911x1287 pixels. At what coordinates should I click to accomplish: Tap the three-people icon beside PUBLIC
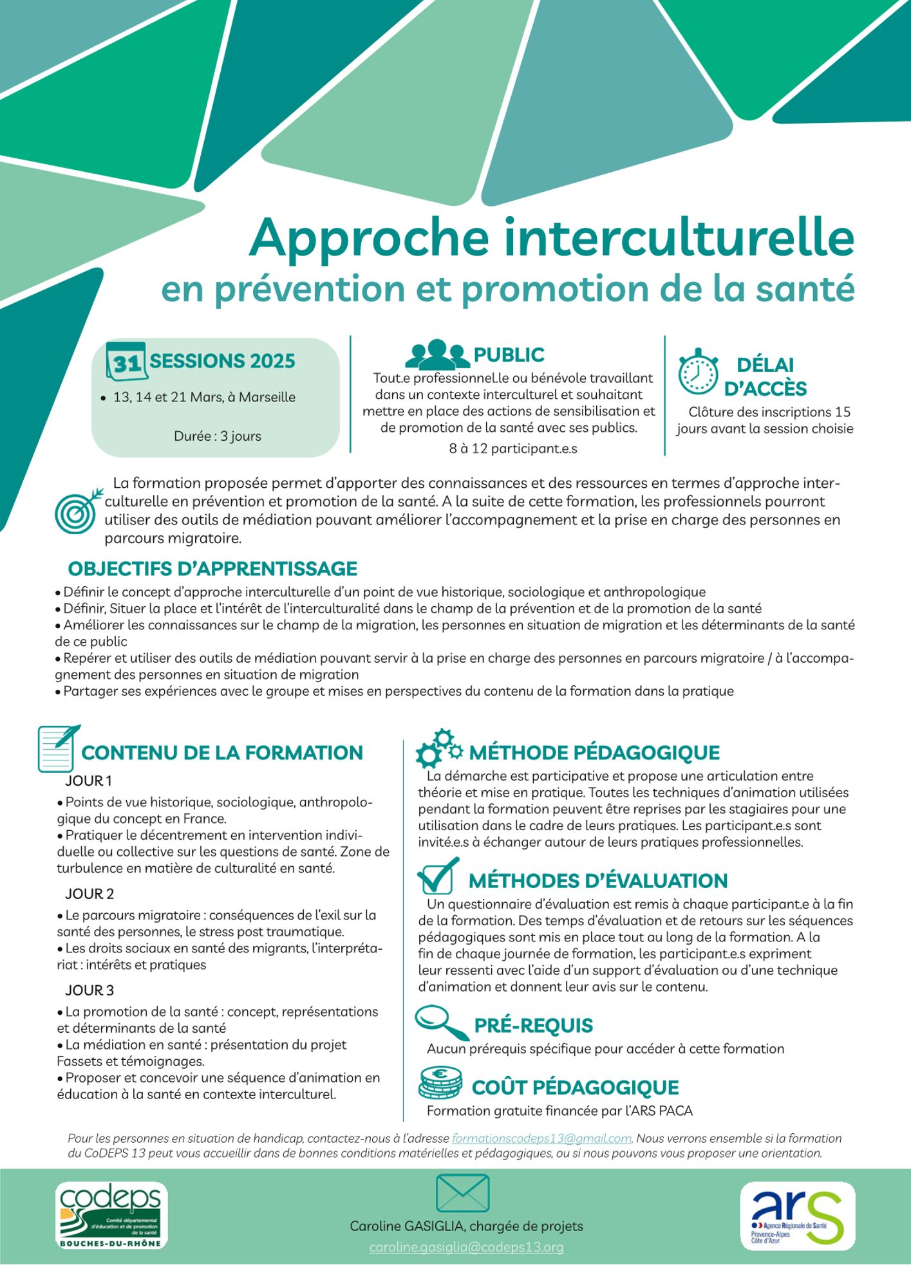(437, 354)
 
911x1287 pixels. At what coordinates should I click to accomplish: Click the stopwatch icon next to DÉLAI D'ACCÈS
(698, 371)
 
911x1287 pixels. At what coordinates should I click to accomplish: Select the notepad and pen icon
(58, 748)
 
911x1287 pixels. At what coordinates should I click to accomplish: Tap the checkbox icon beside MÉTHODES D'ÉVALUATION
(438, 876)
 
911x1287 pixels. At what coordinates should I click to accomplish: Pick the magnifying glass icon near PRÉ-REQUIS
(442, 1023)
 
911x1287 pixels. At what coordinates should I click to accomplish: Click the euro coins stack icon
(440, 1082)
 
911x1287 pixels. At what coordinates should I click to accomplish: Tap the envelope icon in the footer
(462, 1193)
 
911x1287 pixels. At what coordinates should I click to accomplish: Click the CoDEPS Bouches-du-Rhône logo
(111, 1216)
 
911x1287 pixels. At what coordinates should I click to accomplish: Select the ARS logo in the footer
(798, 1216)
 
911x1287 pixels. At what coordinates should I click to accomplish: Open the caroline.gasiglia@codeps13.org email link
(466, 1247)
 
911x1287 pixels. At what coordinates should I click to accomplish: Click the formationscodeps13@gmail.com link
(541, 1138)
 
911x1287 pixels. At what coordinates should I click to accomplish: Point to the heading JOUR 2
(89, 894)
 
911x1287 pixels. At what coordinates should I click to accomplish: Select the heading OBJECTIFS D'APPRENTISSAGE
(212, 569)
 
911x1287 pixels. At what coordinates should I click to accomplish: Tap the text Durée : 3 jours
(218, 436)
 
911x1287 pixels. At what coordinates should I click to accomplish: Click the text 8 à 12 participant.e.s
(512, 449)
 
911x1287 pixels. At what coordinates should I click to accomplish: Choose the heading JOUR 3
(89, 990)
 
